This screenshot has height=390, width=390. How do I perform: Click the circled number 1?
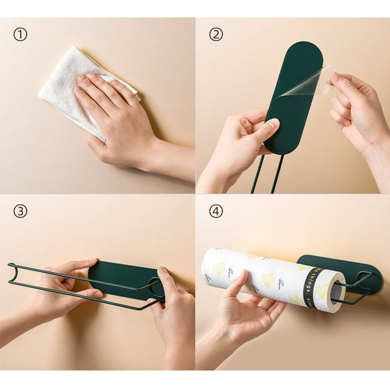(x=20, y=34)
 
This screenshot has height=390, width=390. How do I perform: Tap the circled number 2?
(x=215, y=34)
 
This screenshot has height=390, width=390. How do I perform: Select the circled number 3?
(x=20, y=211)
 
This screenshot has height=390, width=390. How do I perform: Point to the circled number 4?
(x=215, y=211)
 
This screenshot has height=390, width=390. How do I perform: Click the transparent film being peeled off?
(x=305, y=84)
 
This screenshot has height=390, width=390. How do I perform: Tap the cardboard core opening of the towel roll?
(x=336, y=292)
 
